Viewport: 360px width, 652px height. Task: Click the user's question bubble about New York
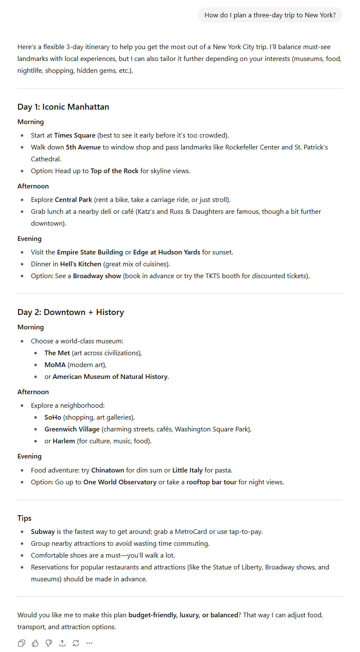pos(270,15)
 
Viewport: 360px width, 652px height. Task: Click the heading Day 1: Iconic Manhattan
pos(63,107)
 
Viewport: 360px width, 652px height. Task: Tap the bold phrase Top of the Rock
pos(114,171)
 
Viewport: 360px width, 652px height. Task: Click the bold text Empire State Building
pos(90,252)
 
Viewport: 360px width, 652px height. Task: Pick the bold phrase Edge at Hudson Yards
pos(166,252)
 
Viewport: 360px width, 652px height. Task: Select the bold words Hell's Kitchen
pos(80,264)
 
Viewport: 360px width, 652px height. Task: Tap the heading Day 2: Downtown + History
pos(71,312)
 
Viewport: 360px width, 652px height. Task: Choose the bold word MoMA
pos(55,365)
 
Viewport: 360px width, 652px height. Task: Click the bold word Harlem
pos(64,441)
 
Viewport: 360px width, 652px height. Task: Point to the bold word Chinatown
pos(108,470)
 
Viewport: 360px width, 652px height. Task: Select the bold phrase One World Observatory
pos(120,482)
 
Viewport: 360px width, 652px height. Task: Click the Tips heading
pos(25,518)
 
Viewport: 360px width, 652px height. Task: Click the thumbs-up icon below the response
pos(35,643)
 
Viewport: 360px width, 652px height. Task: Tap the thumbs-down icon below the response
pos(49,643)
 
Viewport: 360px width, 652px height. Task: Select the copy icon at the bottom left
pos(22,643)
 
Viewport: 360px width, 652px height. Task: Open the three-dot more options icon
pos(89,643)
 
